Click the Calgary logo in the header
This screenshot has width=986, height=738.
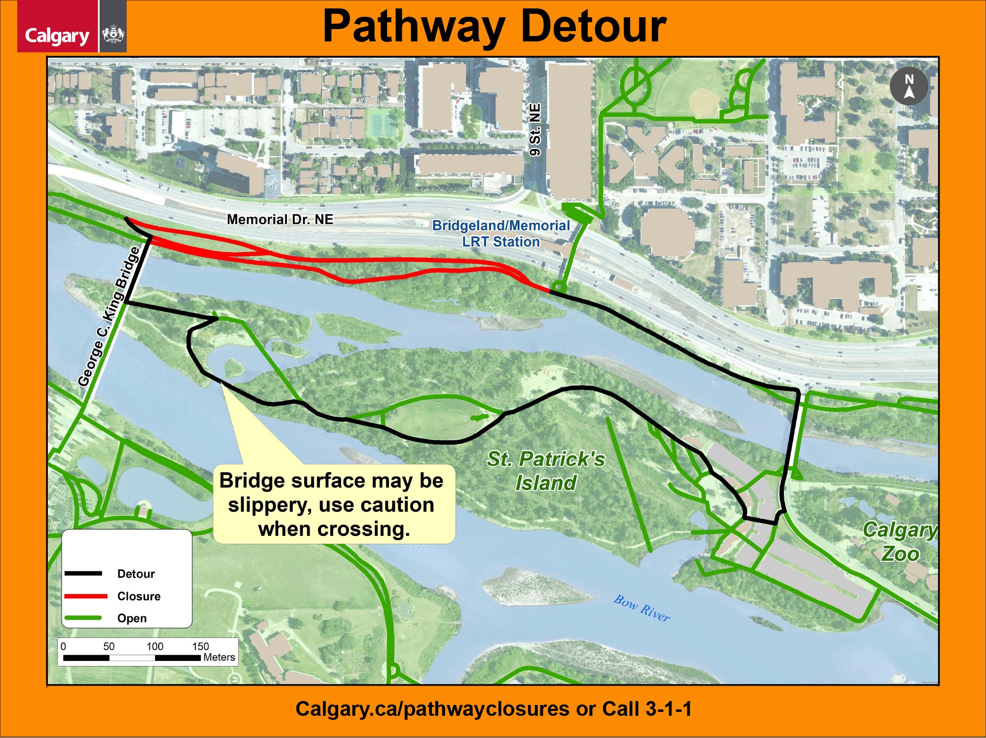[x=57, y=35]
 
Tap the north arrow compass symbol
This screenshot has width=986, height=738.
[x=909, y=86]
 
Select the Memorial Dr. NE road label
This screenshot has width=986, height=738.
[x=280, y=219]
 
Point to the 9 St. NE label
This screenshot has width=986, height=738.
[x=535, y=130]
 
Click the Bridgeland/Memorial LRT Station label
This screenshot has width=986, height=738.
[x=501, y=234]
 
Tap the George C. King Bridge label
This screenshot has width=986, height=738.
[x=109, y=316]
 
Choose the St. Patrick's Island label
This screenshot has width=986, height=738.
[x=546, y=471]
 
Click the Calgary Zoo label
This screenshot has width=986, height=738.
[x=900, y=541]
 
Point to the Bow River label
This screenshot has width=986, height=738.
[x=641, y=608]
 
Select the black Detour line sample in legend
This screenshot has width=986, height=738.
[x=83, y=573]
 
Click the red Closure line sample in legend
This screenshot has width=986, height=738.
[x=85, y=596]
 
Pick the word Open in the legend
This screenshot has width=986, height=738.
[x=132, y=618]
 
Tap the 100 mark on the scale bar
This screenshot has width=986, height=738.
[x=154, y=646]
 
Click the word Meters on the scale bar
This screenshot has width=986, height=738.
[x=219, y=657]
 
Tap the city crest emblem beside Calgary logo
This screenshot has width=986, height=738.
[x=113, y=35]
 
